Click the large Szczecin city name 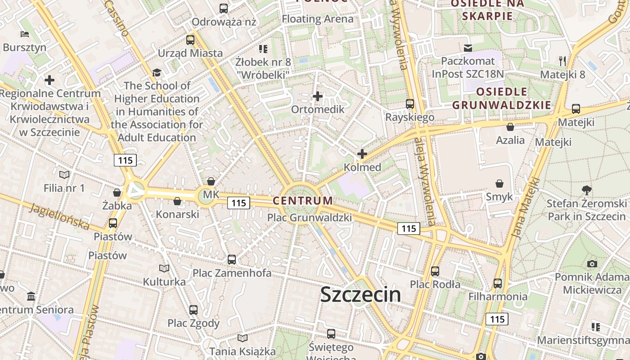tap(360, 294)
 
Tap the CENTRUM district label tap(303, 201)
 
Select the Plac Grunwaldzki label tap(309, 218)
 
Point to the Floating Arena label tap(317, 19)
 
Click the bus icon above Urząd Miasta tap(190, 40)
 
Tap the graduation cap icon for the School tap(157, 72)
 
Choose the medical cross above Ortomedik tap(318, 96)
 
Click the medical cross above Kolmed tap(362, 154)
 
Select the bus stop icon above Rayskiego tap(409, 104)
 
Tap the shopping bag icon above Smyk tap(499, 184)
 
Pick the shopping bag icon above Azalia tap(510, 127)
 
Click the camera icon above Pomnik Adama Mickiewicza tap(592, 264)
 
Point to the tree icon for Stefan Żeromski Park tap(586, 190)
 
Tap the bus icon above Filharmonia tap(497, 283)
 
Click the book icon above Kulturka tap(164, 269)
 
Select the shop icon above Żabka tap(117, 193)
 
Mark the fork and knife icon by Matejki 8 tap(562, 61)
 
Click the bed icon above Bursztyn tap(24, 34)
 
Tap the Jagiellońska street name tap(60, 216)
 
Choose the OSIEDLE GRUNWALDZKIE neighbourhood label tap(501, 99)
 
